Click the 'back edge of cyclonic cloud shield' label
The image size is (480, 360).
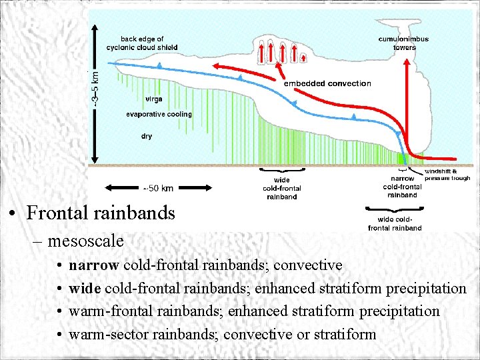point(141,43)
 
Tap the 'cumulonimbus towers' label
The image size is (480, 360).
point(404,43)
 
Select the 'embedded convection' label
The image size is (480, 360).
point(327,83)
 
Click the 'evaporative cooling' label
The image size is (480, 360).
point(159,114)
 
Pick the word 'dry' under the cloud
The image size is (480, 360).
point(146,136)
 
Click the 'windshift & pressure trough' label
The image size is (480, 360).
point(447,175)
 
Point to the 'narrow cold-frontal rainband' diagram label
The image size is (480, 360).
point(402,187)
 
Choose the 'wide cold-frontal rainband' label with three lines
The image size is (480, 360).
point(281,188)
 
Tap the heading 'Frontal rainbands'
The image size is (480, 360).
point(101,213)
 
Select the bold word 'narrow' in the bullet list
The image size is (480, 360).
point(94,265)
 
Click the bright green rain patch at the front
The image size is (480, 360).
point(401,159)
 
